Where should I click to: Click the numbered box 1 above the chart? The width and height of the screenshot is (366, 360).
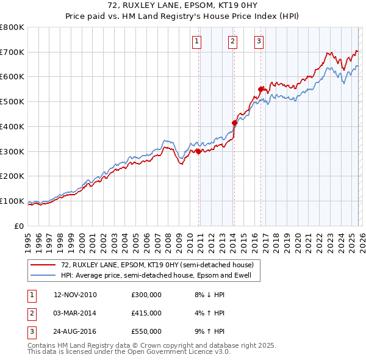197,41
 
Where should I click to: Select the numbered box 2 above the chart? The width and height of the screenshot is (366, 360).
233,41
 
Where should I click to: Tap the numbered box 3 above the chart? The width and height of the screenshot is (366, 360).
259,41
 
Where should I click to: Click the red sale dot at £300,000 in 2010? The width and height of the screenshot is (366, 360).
199,151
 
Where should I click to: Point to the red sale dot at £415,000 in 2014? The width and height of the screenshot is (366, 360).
234,123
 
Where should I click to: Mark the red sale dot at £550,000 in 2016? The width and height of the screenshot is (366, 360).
261,89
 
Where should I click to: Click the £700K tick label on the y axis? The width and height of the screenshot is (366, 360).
12,52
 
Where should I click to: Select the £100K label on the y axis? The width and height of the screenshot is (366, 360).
12,201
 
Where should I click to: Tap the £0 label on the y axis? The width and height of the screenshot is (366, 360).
19,226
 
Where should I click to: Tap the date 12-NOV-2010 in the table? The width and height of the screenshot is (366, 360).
75,295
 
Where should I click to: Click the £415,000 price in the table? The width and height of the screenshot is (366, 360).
146,313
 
